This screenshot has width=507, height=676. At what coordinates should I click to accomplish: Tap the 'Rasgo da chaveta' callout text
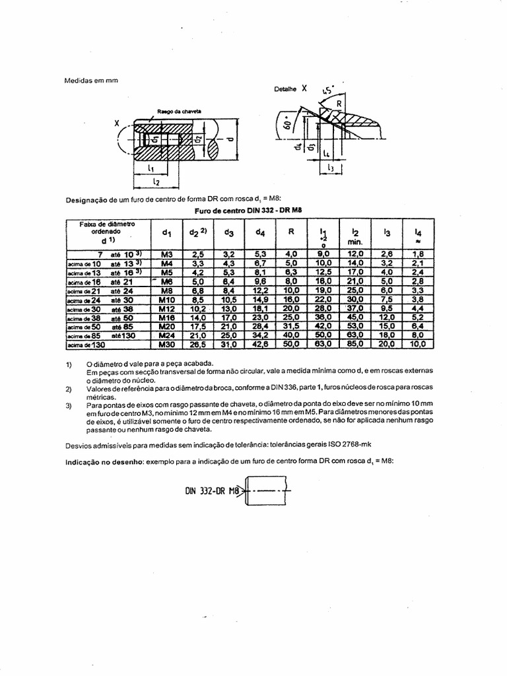[x=179, y=111]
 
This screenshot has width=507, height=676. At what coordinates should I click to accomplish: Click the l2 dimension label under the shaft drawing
[x=156, y=180]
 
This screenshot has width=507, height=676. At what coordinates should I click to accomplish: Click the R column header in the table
[x=291, y=232]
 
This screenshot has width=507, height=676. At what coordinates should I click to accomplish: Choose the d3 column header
[x=229, y=232]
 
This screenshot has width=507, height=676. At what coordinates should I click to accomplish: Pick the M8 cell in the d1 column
[x=166, y=290]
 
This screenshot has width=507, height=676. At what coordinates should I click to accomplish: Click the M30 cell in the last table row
[x=166, y=344]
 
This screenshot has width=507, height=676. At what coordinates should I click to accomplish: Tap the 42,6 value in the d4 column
[x=260, y=344]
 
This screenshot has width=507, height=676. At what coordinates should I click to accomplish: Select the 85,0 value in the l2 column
[x=355, y=344]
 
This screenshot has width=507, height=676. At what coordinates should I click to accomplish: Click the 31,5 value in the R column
[x=291, y=326]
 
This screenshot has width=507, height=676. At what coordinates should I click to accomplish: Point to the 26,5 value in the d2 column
[x=198, y=344]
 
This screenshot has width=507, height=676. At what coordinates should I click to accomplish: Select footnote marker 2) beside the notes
[x=69, y=389]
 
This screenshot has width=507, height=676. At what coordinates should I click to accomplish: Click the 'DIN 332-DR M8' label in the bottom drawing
[x=211, y=490]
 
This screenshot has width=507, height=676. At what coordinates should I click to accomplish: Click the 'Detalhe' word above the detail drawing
[x=285, y=88]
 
